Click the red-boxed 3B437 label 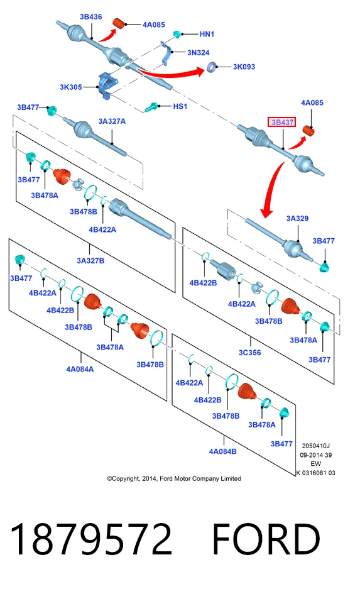tap(281, 122)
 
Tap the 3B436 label tap(91, 16)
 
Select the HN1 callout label tap(207, 34)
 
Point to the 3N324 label tap(198, 53)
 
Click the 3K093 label tap(244, 67)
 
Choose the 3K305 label tap(71, 87)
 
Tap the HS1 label tap(180, 106)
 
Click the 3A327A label tap(112, 121)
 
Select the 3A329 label tap(297, 218)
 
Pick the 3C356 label tap(249, 353)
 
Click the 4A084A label tap(80, 369)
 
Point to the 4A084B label tap(222, 451)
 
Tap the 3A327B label tap(90, 261)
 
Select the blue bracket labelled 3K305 tap(107, 85)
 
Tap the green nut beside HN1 tap(177, 35)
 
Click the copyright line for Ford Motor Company tap(174, 478)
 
